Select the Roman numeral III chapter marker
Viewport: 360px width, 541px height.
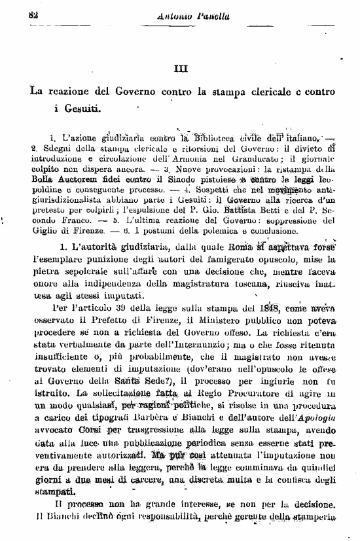[x=181, y=67]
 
